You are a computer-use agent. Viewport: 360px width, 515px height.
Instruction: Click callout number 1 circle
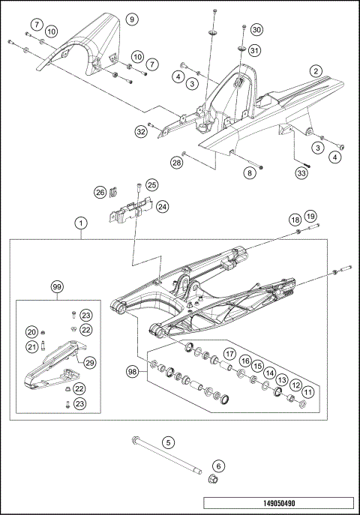80,223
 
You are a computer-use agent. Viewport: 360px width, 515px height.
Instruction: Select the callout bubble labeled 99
57,288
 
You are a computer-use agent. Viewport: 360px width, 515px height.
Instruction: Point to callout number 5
168,442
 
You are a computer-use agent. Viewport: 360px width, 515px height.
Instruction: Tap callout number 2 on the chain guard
316,70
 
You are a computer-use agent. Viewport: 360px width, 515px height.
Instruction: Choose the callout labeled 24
162,205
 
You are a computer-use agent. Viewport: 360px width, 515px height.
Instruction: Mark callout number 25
151,184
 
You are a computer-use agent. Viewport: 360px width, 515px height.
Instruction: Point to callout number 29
89,362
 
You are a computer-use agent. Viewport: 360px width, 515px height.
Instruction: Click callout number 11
307,391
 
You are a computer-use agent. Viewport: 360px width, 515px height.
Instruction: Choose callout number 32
140,132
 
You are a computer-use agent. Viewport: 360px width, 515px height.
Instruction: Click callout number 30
256,30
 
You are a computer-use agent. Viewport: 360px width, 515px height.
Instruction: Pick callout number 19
310,216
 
